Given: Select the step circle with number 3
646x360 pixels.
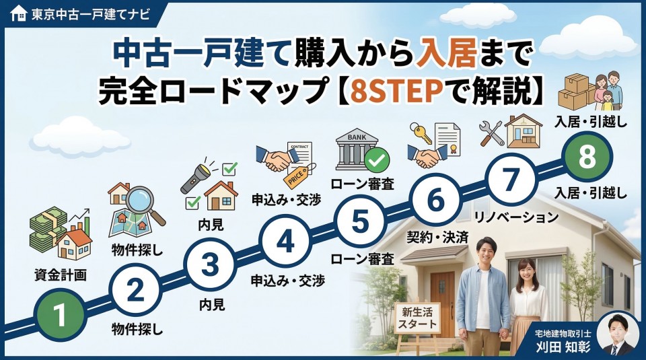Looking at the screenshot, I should click(211, 265).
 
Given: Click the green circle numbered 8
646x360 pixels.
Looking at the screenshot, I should click(587, 157).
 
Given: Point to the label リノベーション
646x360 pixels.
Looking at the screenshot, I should click(516, 217).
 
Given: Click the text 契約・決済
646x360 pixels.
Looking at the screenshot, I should click(437, 238).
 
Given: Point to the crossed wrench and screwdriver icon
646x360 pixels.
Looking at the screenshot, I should click(491, 133).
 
